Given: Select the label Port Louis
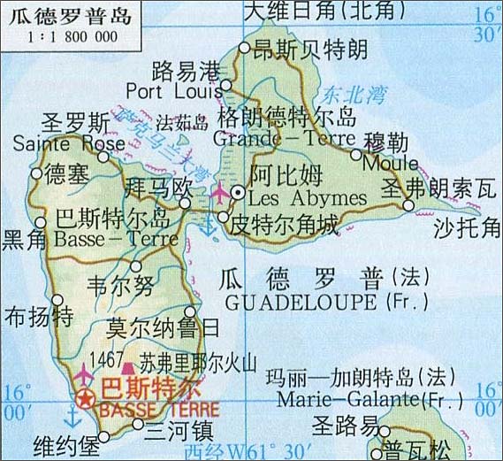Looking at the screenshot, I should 172,90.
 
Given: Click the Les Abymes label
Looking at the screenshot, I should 294,196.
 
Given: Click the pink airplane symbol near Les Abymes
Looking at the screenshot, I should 219,190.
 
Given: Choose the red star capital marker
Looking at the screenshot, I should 86,400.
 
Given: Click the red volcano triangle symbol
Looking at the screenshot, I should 127,365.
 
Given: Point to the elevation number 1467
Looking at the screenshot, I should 105,360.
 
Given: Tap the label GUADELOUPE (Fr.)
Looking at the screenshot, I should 326,302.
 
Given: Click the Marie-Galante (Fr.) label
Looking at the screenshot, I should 358,398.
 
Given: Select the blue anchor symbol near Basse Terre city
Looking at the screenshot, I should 71,415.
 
